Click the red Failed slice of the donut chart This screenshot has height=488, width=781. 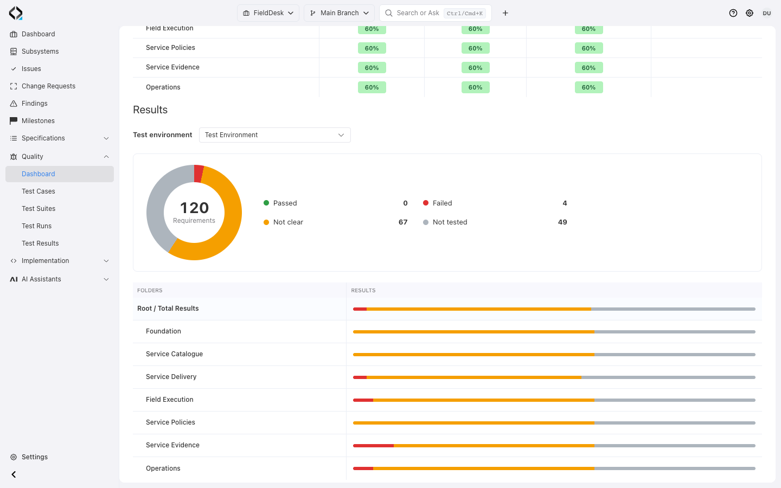[x=199, y=174]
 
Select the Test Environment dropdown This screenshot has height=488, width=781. [x=275, y=135]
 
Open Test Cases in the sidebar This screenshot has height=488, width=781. [x=39, y=191]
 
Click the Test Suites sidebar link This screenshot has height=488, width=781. [x=39, y=208]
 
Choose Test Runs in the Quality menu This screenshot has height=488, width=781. [x=37, y=226]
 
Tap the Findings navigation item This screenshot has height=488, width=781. [x=35, y=103]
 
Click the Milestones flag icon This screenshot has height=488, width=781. [x=14, y=120]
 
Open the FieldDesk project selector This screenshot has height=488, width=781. [x=268, y=13]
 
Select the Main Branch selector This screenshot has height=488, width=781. [x=340, y=13]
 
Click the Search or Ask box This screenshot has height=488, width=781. [x=436, y=13]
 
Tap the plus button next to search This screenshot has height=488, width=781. [x=505, y=13]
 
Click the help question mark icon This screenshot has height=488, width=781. [x=733, y=13]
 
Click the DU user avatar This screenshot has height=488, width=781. [x=767, y=13]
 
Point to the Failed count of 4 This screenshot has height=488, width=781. [x=565, y=203]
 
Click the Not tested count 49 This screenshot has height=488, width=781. [x=562, y=222]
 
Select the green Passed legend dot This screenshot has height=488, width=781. [x=266, y=203]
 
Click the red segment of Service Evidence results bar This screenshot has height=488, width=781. [x=373, y=446]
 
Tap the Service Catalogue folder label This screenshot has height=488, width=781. [x=174, y=354]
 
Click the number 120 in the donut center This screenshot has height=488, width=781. [x=194, y=208]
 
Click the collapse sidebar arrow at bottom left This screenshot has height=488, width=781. [x=14, y=474]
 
